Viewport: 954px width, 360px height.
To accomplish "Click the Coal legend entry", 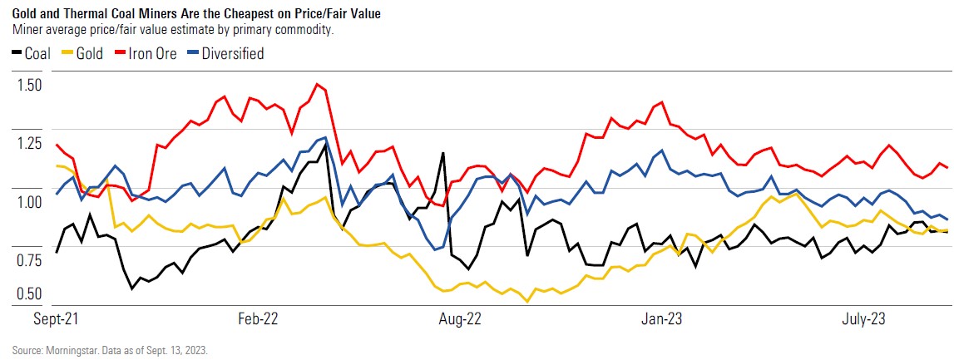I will point(31,54).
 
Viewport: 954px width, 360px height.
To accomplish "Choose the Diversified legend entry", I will point(225,54).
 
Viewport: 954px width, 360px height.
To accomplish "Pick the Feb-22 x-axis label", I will point(258,319).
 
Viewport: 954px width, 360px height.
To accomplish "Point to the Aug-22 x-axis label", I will point(461,319).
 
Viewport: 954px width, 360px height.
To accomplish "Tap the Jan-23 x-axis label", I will point(663,319).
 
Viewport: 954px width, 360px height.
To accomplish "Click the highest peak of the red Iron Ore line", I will point(317,84).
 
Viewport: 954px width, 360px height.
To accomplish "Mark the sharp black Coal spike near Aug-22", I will point(442,153).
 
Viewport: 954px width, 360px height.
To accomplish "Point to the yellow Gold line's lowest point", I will point(527,301).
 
